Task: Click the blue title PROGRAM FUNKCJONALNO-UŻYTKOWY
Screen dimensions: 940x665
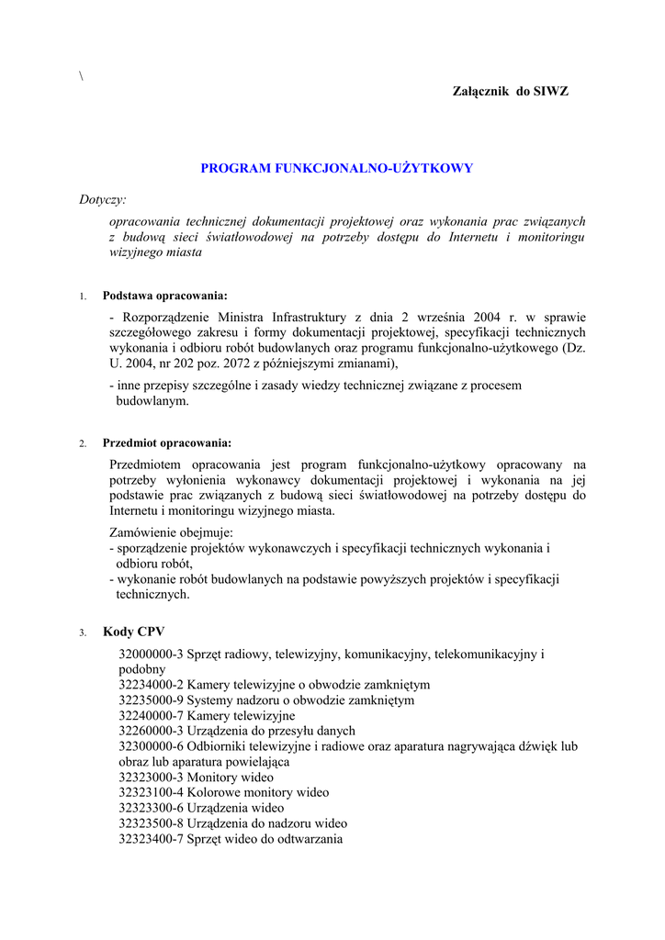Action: (337, 168)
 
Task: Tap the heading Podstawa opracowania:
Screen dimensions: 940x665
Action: (165, 296)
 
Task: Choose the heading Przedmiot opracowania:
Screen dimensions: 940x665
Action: (167, 442)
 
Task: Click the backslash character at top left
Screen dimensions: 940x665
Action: (82, 76)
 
